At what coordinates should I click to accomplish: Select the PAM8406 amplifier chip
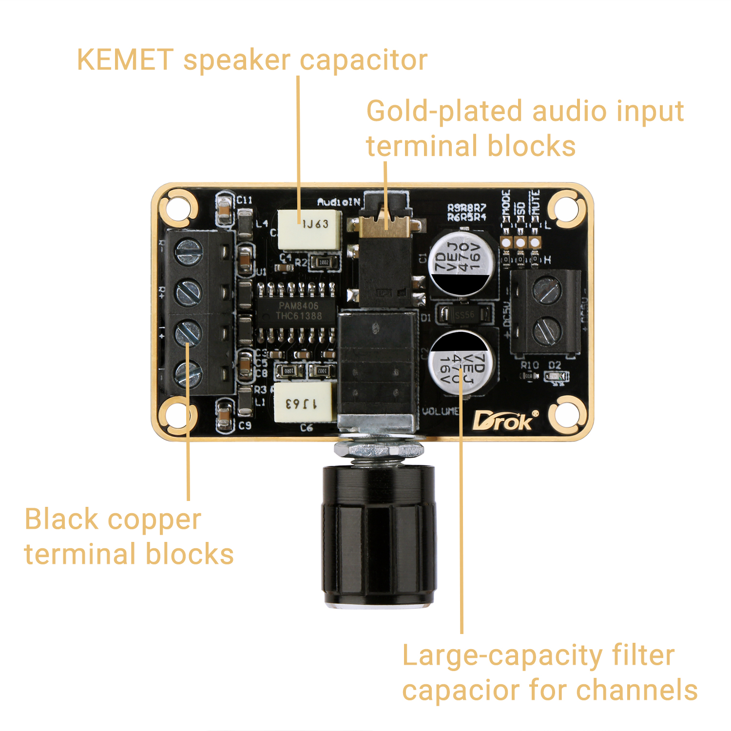(x=298, y=311)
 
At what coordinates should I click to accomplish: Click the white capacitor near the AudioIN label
(x=309, y=229)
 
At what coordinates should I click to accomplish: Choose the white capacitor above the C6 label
(x=303, y=403)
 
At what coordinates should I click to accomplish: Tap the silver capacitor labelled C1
(x=462, y=264)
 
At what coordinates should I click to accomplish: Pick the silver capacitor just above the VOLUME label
(x=462, y=363)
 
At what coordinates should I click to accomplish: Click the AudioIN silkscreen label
(x=338, y=202)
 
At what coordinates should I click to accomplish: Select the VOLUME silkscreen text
(x=440, y=412)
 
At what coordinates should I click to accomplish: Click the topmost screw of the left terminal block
(x=188, y=253)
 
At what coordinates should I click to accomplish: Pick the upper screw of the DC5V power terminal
(x=547, y=290)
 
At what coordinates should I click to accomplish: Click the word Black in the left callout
(x=61, y=519)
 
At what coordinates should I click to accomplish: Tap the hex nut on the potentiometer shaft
(x=378, y=449)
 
